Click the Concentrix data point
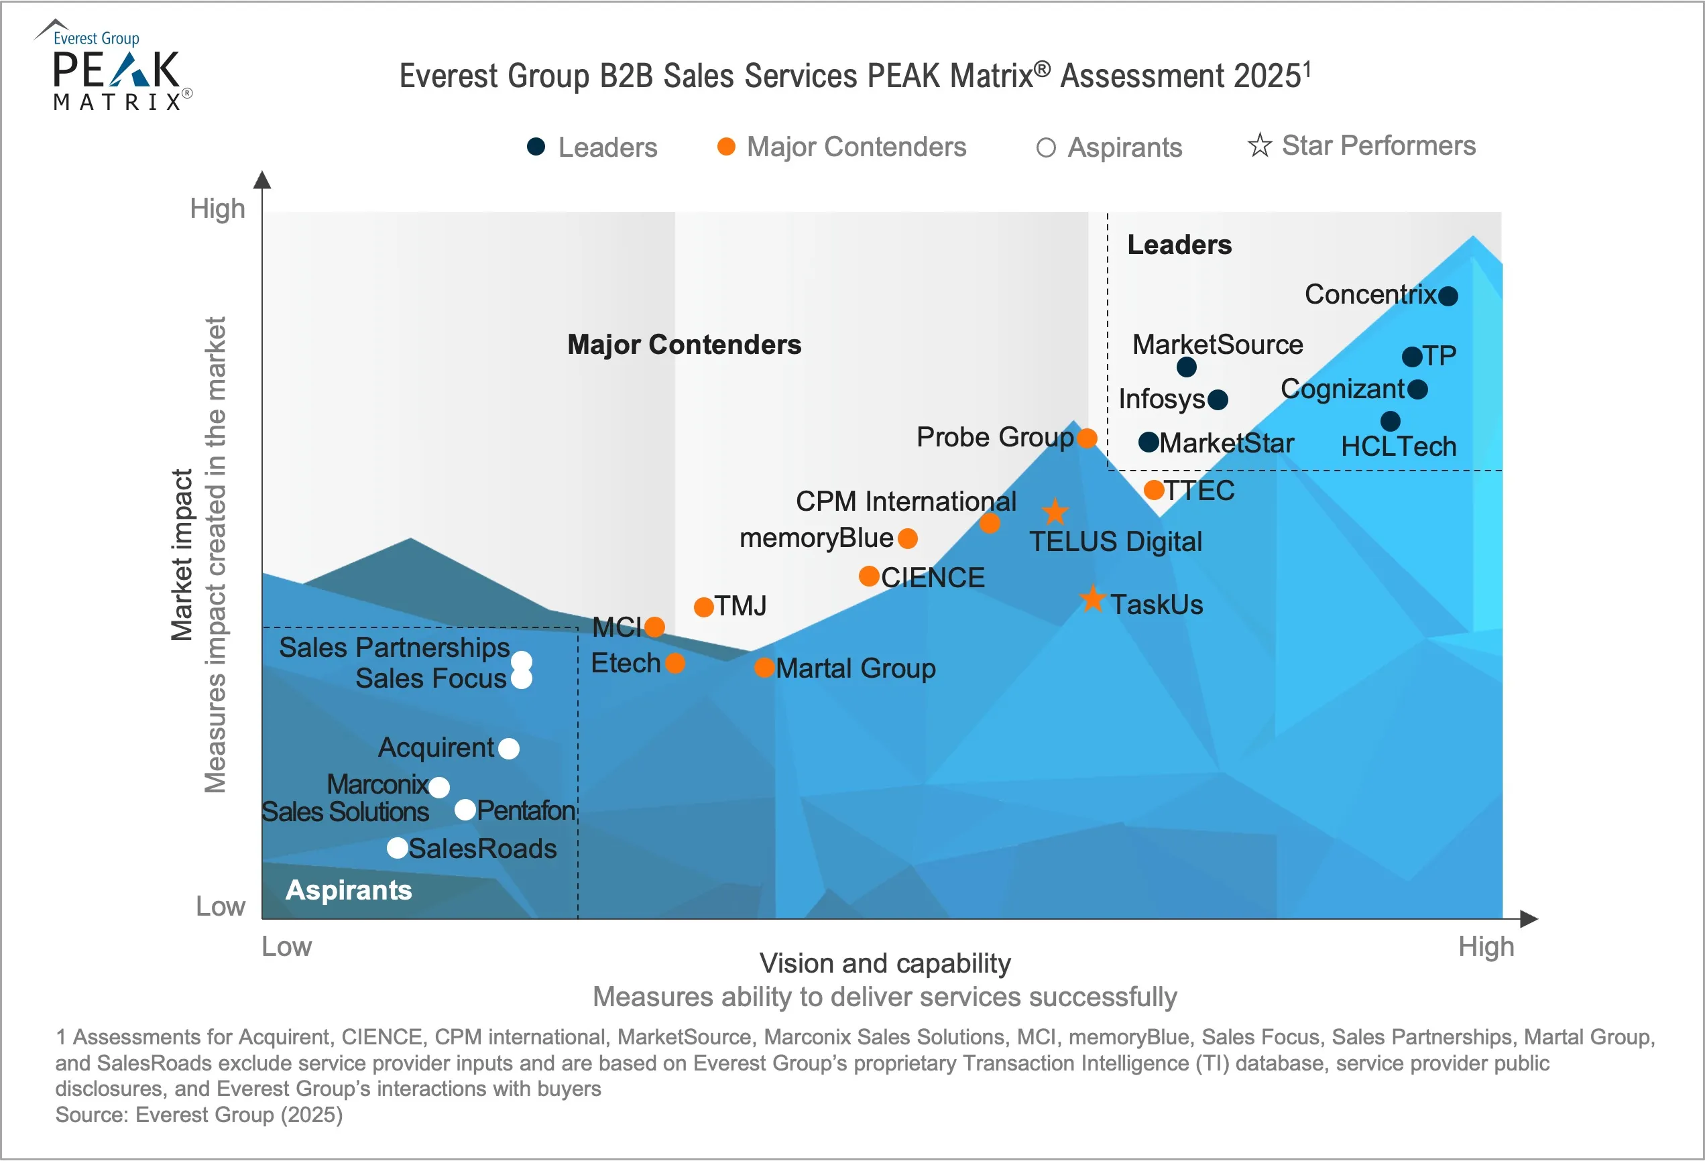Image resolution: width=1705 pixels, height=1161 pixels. pos(1448,296)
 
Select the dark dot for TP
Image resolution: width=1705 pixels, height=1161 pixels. pos(1411,357)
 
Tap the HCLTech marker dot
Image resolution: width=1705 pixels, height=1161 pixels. pos(1391,421)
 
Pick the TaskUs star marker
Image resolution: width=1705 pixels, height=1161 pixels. pos(1092,599)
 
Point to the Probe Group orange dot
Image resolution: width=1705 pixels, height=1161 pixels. pos(1087,438)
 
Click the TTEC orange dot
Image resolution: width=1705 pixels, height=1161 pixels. pos(1154,490)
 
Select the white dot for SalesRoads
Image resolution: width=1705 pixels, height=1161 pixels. pos(398,848)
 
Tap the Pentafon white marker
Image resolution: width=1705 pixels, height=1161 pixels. pos(465,810)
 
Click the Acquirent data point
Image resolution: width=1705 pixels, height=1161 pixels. pos(508,749)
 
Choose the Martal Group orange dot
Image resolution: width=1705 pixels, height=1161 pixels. pos(764,668)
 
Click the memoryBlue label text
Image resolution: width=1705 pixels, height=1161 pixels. pos(816,538)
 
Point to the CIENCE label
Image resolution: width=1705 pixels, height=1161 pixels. pos(933,578)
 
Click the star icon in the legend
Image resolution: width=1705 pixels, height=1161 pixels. pos(1260,145)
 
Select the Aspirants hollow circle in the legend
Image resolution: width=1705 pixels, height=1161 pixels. pos(1046,148)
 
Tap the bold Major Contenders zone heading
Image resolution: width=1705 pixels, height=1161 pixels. pos(684,345)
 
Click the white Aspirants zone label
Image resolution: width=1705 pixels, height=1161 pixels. pos(349,890)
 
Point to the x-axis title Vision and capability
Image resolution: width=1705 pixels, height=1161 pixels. pos(885,963)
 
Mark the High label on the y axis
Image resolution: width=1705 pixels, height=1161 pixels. pos(217,209)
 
